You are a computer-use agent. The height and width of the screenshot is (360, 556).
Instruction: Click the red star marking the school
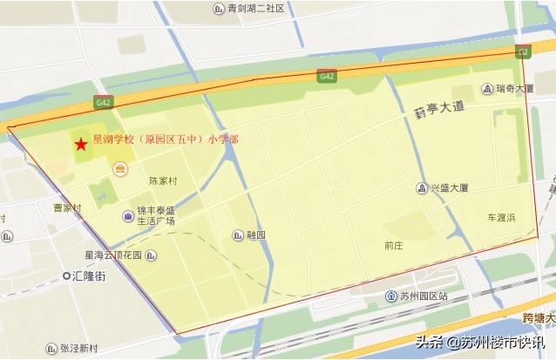click(x=80, y=144)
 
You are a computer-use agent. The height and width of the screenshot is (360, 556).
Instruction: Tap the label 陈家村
click(x=163, y=181)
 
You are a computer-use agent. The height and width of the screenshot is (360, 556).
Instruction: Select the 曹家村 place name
click(x=67, y=207)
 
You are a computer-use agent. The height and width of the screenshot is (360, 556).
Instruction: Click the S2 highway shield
click(x=523, y=53)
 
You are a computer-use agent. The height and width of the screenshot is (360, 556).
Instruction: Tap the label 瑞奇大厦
click(x=514, y=88)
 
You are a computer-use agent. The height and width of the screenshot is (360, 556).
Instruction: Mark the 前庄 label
click(x=394, y=246)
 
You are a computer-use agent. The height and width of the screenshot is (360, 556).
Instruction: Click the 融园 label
click(x=255, y=234)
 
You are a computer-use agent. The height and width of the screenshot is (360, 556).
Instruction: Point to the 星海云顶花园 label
click(x=113, y=255)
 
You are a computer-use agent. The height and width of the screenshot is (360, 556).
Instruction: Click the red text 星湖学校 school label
click(x=166, y=139)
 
